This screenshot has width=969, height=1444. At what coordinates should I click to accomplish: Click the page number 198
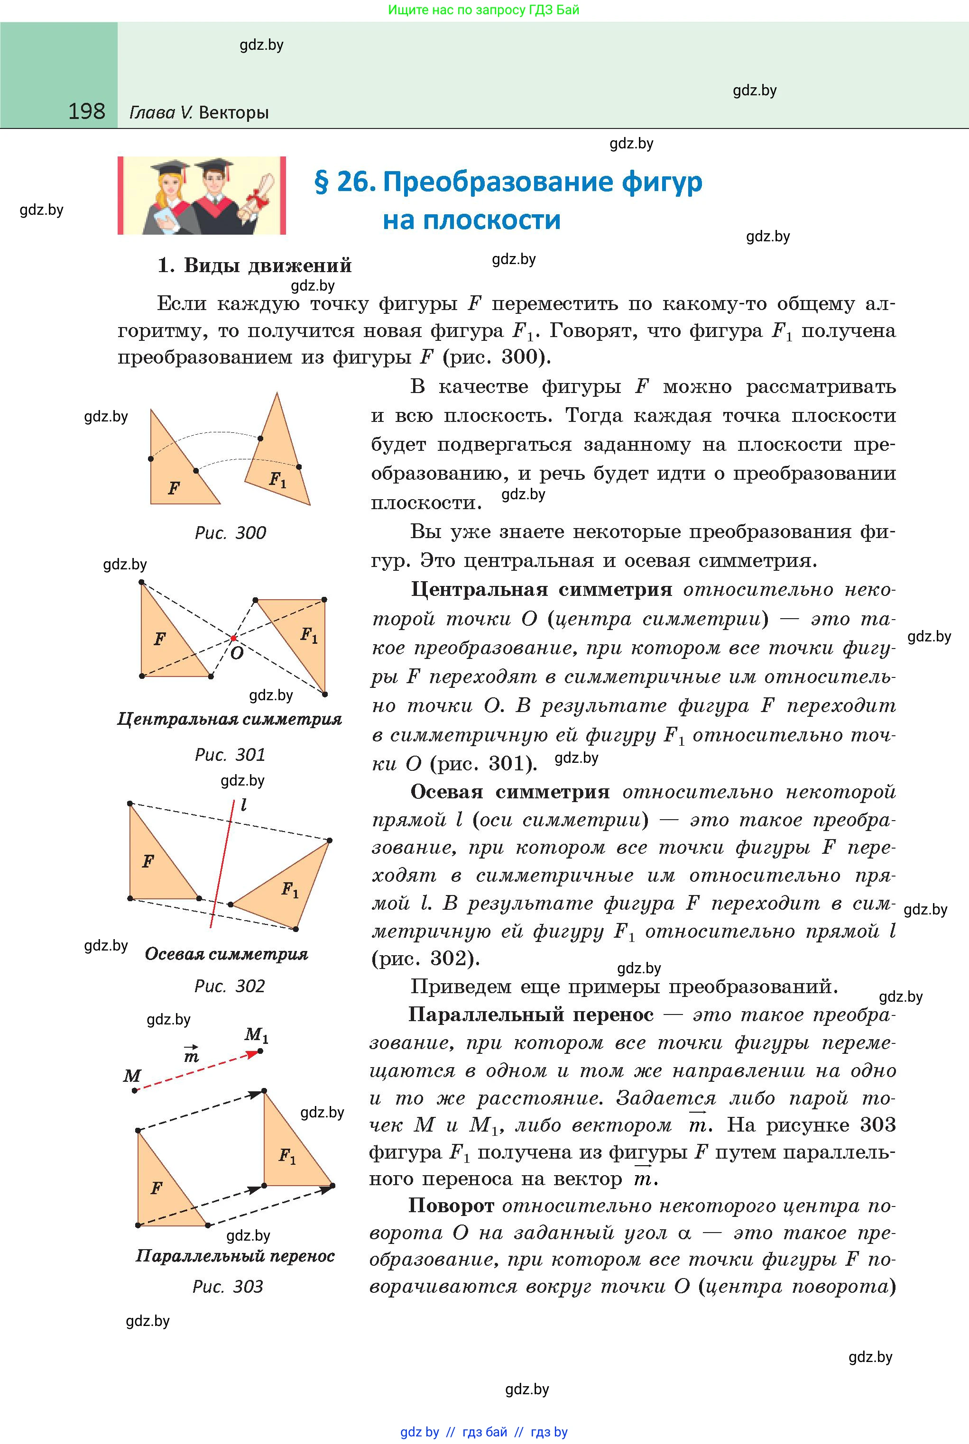86,111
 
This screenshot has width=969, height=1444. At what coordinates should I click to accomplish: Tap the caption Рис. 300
230,533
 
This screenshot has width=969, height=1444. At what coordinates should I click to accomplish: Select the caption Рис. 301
230,754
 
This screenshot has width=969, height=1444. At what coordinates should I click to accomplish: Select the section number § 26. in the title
345,182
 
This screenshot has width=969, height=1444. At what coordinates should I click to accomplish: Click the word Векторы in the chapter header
234,113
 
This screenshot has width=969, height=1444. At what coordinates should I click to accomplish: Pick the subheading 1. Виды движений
255,265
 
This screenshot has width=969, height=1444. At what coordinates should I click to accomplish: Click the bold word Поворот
451,1205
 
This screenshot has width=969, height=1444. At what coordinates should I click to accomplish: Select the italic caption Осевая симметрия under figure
226,954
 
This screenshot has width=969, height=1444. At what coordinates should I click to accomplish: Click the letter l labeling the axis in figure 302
244,805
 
